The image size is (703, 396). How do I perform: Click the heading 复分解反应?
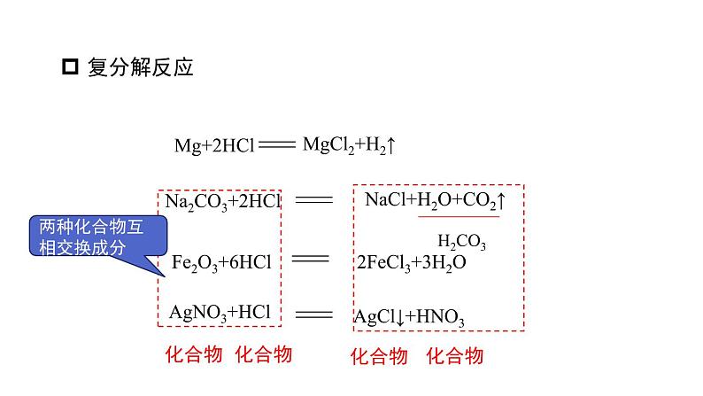pos(141,67)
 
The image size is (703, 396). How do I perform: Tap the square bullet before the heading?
pos(72,67)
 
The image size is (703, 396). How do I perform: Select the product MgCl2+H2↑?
pos(348,145)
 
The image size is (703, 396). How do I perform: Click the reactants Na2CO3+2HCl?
pos(222,203)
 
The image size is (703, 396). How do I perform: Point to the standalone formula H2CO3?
pos(461,242)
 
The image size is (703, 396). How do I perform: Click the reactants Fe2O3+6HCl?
pos(221,263)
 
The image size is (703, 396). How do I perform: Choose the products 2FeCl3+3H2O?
pos(411,263)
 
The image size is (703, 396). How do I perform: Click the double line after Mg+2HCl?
pos(276,145)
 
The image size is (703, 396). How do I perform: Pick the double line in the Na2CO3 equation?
pos(313,200)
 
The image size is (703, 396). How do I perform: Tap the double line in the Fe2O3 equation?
pos(309,260)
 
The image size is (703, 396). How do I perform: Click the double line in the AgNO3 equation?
pos(313,314)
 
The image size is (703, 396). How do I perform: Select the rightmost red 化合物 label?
pos(455,356)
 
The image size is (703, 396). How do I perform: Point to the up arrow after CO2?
pos(501,200)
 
